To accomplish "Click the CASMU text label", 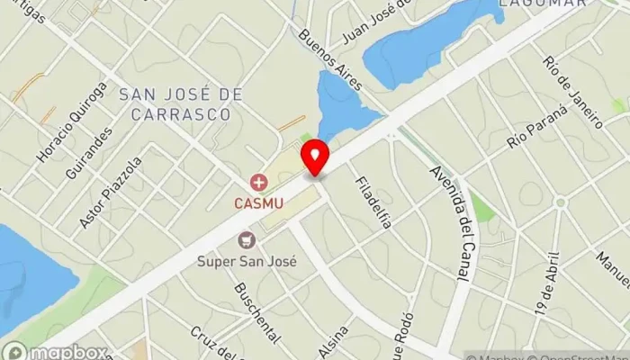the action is (x=259, y=203).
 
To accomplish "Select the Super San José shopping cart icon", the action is (x=246, y=240).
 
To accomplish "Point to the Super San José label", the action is (x=247, y=261).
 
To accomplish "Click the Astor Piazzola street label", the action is (x=111, y=193).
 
